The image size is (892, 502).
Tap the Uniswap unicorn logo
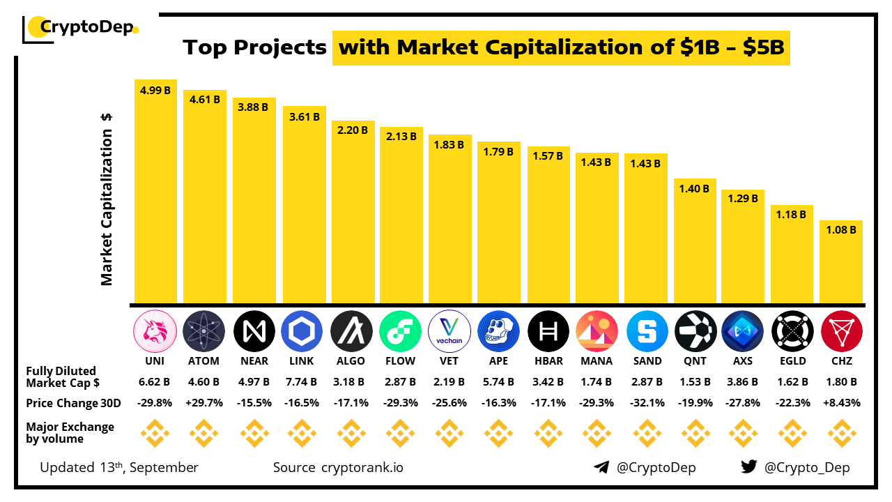[155, 330]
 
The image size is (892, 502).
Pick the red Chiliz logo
[842, 330]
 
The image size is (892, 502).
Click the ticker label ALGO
[351, 361]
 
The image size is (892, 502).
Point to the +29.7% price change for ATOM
[204, 403]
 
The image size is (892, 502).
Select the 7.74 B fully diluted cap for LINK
[302, 382]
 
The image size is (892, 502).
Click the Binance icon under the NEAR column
[253, 434]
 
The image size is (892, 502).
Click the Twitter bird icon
[749, 467]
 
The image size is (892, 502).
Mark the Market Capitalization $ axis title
[107, 199]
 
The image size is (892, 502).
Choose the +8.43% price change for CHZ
[842, 403]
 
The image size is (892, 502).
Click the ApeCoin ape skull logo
[498, 330]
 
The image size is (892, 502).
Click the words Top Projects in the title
[255, 47]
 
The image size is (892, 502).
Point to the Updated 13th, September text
[119, 467]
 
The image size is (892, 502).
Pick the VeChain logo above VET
[449, 330]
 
